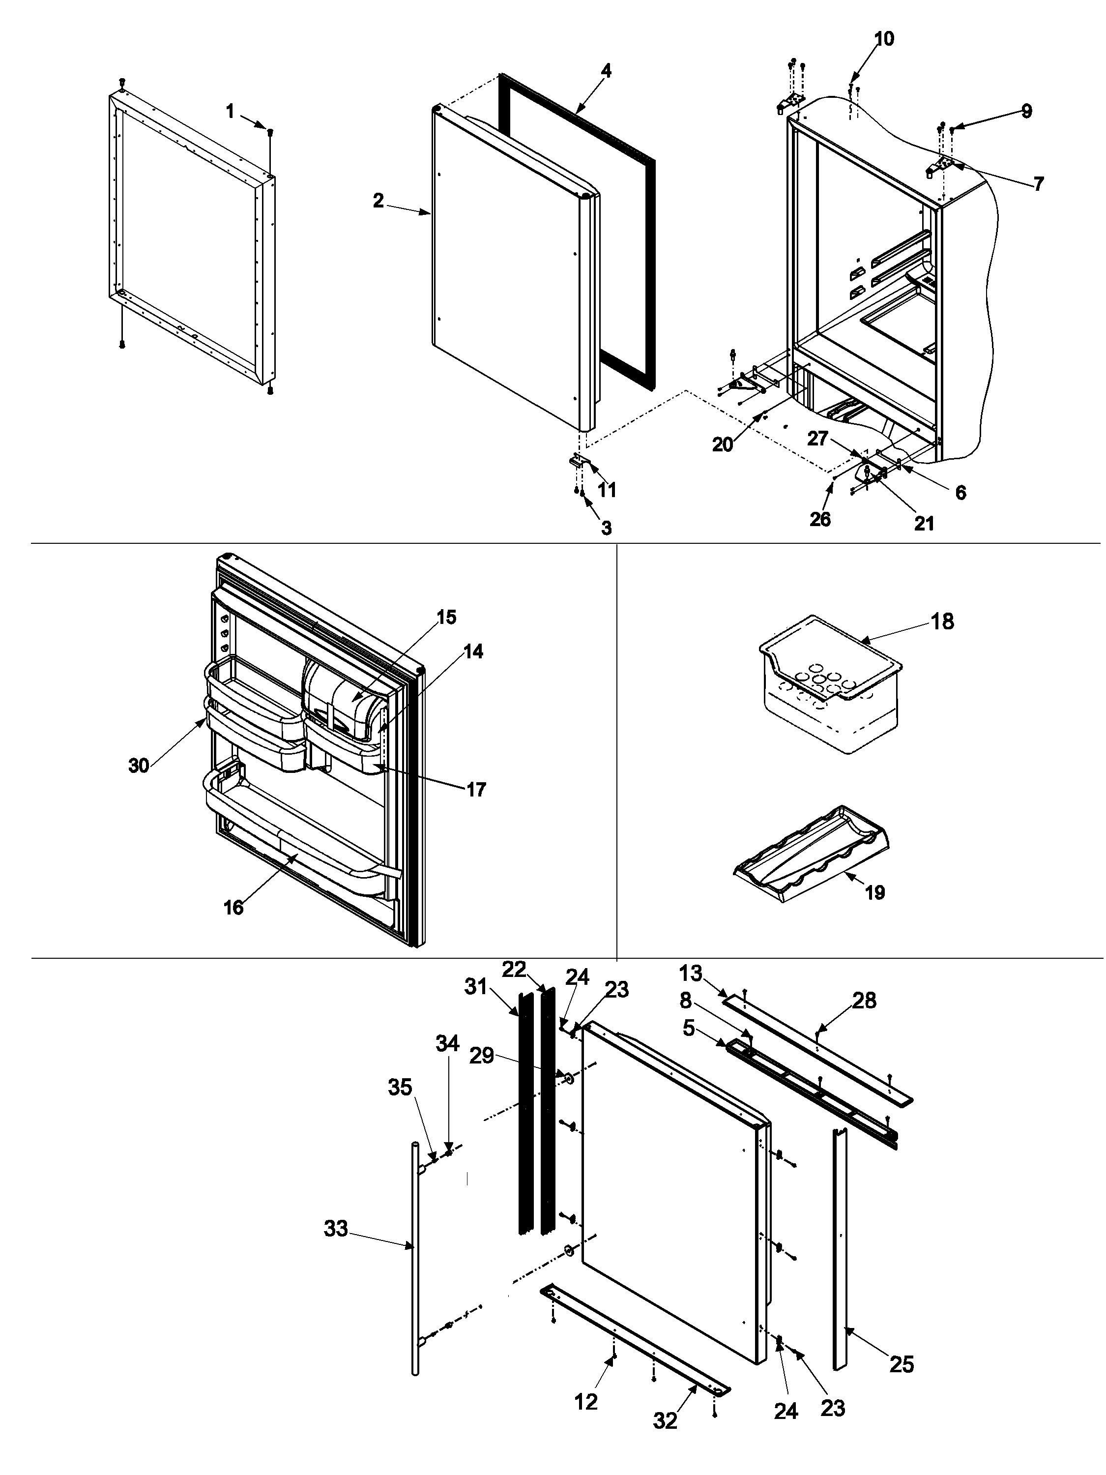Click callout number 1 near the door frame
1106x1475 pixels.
pos(230,111)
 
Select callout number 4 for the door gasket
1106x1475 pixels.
pos(605,71)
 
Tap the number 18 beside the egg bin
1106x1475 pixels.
pos(942,621)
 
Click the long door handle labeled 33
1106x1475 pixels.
pos(415,1254)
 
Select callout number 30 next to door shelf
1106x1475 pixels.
pos(139,766)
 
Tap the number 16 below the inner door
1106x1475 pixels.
pos(233,908)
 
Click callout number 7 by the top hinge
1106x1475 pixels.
pos(1038,183)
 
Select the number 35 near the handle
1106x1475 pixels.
pos(400,1088)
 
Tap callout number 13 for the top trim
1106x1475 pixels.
pos(691,973)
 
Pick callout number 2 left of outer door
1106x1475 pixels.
pos(378,200)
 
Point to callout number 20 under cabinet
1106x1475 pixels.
pos(722,444)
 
